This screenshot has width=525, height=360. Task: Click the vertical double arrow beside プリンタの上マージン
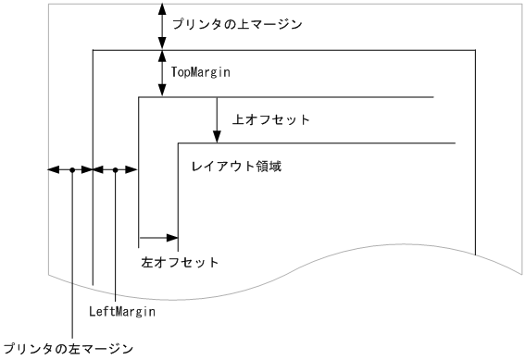click(163, 25)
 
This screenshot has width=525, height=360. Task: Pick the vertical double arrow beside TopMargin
click(163, 73)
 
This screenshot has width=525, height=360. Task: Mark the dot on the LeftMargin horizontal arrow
click(115, 170)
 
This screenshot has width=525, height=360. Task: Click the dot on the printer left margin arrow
click(71, 170)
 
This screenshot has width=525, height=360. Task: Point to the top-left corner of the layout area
click(178, 143)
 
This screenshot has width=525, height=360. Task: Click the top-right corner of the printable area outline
click(476, 50)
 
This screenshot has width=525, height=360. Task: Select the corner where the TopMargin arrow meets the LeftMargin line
click(138, 96)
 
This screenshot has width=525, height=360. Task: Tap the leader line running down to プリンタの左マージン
click(71, 259)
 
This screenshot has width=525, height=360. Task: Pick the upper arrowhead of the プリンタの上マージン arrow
click(163, 6)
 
